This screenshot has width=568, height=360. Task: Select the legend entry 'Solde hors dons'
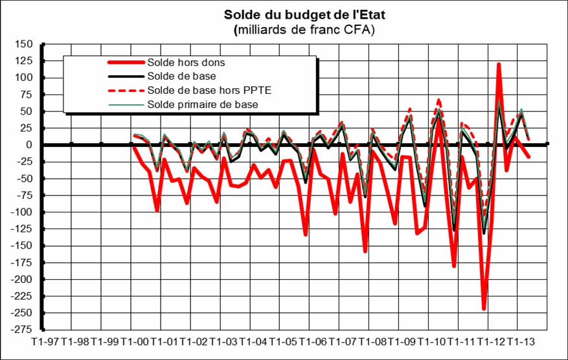coord(186,63)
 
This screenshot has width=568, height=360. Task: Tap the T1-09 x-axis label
coord(402,341)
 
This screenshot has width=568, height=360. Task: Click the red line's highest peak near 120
coord(499,64)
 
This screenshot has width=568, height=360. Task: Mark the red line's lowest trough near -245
coord(484,309)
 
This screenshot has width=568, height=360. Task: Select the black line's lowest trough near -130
coord(484,232)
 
